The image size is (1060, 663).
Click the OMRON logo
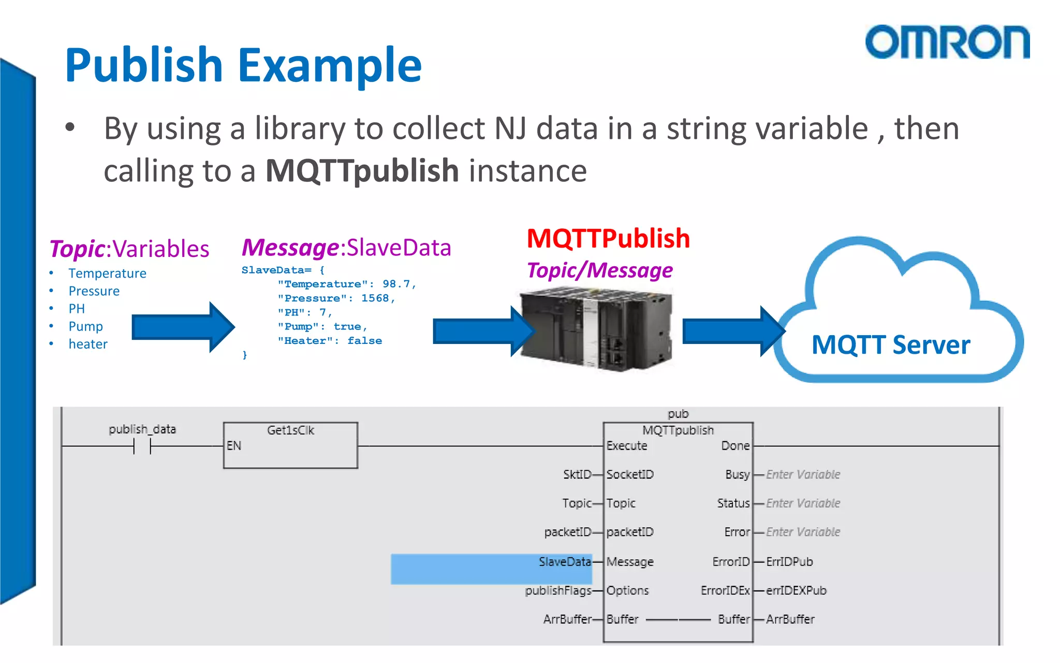(x=947, y=42)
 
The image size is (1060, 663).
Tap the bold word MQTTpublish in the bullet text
(x=362, y=171)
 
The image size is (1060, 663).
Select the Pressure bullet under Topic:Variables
(x=94, y=291)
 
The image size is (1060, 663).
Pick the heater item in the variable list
(x=88, y=344)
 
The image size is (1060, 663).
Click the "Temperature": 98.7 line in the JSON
(x=346, y=284)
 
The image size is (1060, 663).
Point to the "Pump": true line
(x=322, y=327)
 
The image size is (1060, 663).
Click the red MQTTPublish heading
(x=608, y=239)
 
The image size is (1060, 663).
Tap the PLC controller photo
(x=597, y=331)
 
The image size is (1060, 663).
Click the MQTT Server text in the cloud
(x=891, y=345)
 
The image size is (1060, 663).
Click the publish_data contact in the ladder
(x=142, y=445)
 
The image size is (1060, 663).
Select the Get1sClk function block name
(x=290, y=430)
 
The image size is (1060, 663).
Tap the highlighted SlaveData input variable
(x=564, y=562)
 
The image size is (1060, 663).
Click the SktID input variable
(x=577, y=474)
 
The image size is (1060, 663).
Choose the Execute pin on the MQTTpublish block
(x=627, y=446)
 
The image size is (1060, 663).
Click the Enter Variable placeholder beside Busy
(x=803, y=474)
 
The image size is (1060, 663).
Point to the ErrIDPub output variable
(x=789, y=562)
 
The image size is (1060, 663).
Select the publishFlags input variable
(x=558, y=590)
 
